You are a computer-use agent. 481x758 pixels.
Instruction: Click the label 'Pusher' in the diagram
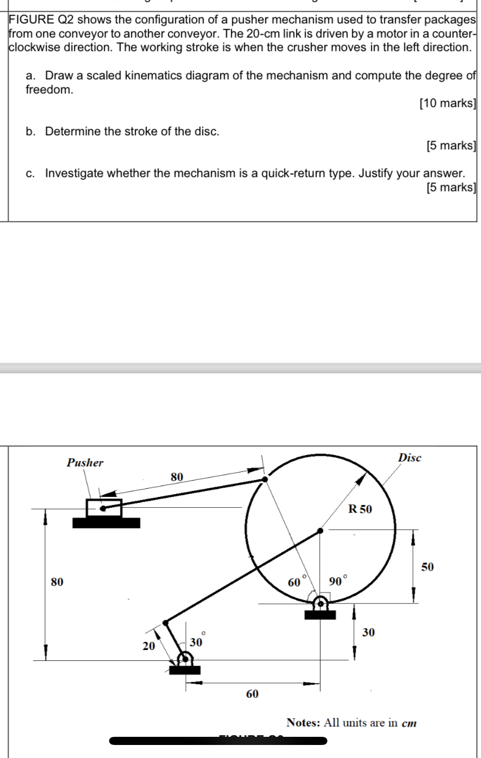[x=85, y=463]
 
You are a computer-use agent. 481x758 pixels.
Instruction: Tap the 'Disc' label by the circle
[x=409, y=458]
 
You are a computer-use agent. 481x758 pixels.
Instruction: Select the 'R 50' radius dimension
[x=360, y=509]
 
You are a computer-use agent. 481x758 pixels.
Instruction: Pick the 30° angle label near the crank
[x=196, y=641]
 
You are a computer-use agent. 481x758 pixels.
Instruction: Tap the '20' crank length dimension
[x=148, y=646]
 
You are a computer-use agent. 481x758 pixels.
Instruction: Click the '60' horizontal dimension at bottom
[x=252, y=694]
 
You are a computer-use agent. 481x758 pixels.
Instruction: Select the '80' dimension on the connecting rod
[x=177, y=477]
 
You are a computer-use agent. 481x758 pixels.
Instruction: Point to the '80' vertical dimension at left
[x=56, y=582]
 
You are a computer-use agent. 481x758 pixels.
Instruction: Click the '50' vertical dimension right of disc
[x=428, y=567]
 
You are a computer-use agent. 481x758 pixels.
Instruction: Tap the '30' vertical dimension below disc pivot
[x=368, y=632]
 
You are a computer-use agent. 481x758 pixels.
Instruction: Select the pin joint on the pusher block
[x=103, y=509]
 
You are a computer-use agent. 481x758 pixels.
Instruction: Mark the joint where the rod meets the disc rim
[x=264, y=479]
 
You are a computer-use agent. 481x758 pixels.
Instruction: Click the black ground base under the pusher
[x=106, y=523]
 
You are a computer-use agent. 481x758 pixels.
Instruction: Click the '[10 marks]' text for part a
[x=447, y=103]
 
